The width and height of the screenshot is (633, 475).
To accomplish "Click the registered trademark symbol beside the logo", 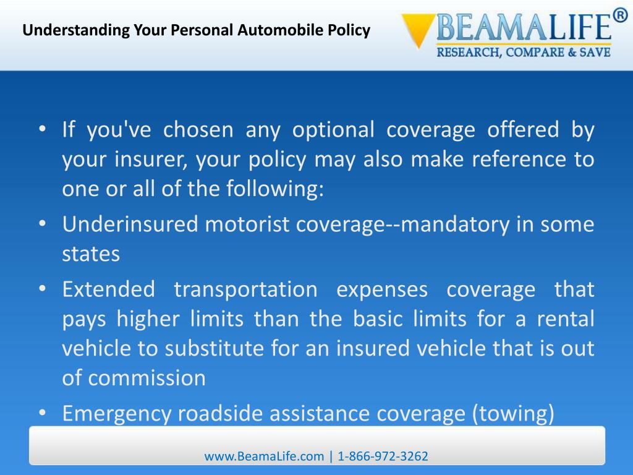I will (619, 15).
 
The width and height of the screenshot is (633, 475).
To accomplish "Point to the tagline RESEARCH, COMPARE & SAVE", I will (524, 52).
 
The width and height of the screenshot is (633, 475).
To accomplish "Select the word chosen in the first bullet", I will (198, 130).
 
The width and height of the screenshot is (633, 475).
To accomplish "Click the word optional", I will (333, 130).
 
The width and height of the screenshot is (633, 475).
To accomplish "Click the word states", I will (91, 254).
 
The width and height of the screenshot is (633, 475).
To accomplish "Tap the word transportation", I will (245, 289).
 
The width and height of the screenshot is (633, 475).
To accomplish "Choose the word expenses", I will (381, 289).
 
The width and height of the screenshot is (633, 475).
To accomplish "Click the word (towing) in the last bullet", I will (513, 413).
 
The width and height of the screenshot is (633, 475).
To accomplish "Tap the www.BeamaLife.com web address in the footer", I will (265, 456).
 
